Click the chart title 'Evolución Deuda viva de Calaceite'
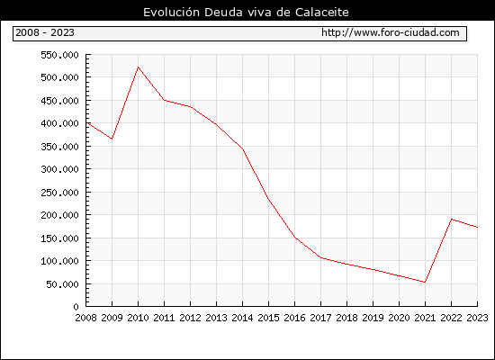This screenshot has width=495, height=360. coord(246,13)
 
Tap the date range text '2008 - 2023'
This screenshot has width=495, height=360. coord(45,32)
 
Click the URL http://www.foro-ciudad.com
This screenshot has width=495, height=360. coord(391,32)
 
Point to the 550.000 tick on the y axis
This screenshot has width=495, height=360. coord(59,55)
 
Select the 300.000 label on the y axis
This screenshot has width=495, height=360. coord(59,169)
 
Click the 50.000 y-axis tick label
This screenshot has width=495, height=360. coord(62,284)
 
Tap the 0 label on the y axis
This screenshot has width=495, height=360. coord(76,307)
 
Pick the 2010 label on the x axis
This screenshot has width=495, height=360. coord(138,318)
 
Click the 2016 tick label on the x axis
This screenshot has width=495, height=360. coord(294,318)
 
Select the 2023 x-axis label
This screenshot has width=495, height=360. coord(477,318)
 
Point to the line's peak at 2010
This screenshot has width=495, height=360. coord(139,67)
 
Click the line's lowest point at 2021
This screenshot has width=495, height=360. coord(425,282)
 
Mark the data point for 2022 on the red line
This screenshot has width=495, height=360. coord(452,220)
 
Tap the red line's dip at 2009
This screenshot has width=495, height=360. coord(112,139)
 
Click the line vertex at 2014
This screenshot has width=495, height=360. coord(242,149)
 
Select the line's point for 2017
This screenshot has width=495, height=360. coord(320,257)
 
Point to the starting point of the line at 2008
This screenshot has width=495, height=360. coord(86,122)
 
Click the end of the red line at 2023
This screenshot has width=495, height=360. coord(477,227)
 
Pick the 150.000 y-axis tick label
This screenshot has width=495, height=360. coord(59,238)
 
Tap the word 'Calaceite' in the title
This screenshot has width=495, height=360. coord(322,13)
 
